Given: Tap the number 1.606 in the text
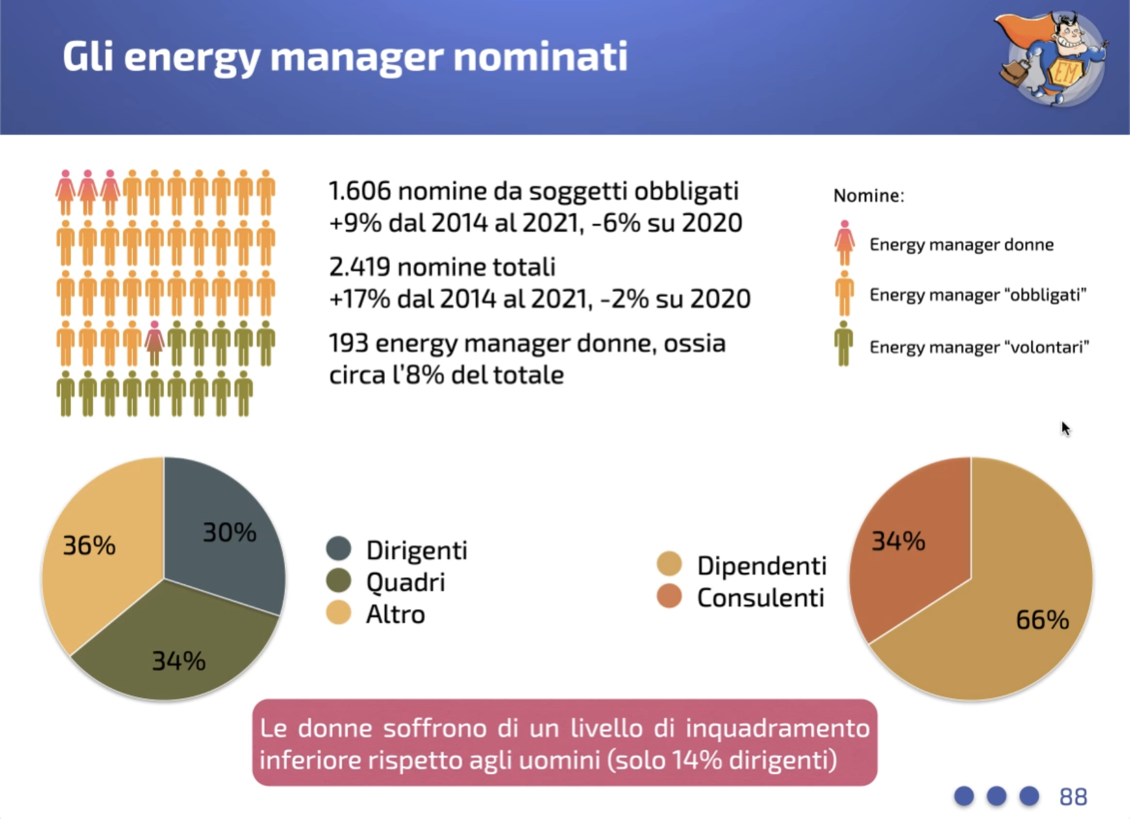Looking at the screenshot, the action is click(x=359, y=191).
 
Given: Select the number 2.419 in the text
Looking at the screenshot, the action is click(x=359, y=267).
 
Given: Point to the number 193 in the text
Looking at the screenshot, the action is click(x=349, y=343).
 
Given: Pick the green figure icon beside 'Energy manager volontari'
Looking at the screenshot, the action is click(x=844, y=343).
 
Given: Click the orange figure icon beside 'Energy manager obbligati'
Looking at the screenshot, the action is click(x=844, y=293).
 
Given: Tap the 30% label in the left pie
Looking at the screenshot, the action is click(x=229, y=533).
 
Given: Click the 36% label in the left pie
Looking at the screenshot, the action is click(x=89, y=546).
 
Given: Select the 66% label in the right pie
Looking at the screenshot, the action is click(x=1042, y=620).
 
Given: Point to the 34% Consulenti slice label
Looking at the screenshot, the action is click(x=898, y=541).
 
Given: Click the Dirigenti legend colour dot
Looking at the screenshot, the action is click(x=338, y=549).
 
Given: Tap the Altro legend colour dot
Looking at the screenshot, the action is click(x=338, y=613).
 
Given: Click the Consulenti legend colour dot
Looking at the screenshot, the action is click(x=669, y=596).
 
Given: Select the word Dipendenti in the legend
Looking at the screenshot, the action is click(x=762, y=565).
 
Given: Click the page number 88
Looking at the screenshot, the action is click(x=1073, y=796).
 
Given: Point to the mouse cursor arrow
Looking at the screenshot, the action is click(x=1066, y=429).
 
